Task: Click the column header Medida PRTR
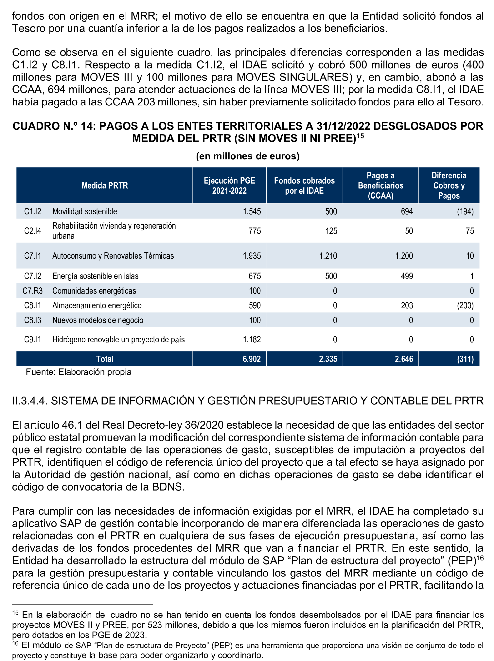click(x=105, y=185)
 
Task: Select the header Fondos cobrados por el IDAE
click(x=304, y=185)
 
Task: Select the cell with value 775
click(x=255, y=231)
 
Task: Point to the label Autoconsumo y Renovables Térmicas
click(x=113, y=256)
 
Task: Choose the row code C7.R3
click(x=33, y=291)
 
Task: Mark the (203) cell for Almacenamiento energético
click(x=465, y=305)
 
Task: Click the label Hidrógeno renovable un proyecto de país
click(x=118, y=340)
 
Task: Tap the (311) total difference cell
click(x=465, y=359)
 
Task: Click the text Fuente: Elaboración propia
click(x=79, y=372)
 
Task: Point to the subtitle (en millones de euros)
click(x=247, y=156)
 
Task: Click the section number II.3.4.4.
click(x=30, y=401)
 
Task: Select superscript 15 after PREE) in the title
click(x=360, y=136)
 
